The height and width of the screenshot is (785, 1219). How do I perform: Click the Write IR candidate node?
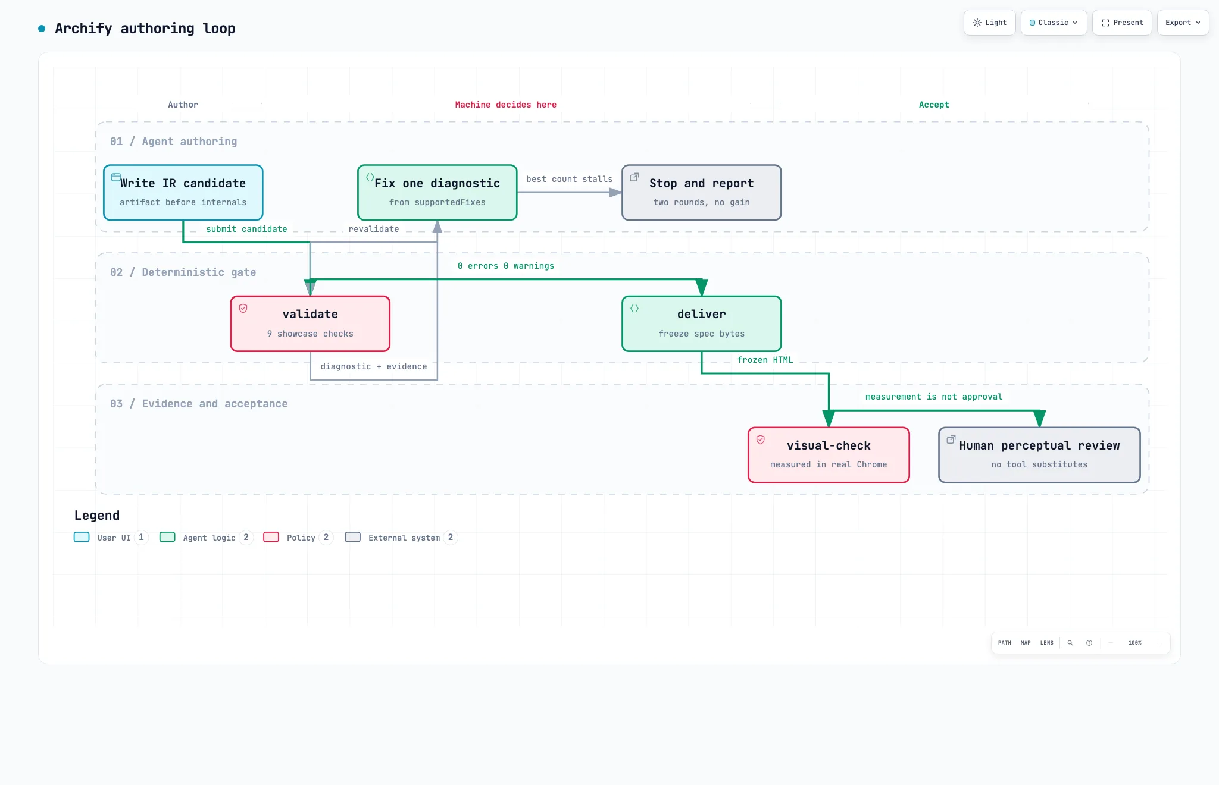(x=183, y=193)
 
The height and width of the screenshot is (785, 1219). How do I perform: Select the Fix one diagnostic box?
(x=437, y=193)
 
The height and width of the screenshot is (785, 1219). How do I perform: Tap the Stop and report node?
(x=702, y=193)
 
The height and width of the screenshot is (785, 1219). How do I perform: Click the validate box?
(x=310, y=324)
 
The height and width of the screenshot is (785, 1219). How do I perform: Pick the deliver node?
(x=702, y=324)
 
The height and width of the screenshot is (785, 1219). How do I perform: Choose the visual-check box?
(x=829, y=455)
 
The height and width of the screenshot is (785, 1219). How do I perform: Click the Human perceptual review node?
(x=1039, y=455)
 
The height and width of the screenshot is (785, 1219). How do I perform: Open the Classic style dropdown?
(x=1054, y=23)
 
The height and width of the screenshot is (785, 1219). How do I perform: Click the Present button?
(x=1122, y=23)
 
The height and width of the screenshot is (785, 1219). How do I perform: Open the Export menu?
(x=1183, y=23)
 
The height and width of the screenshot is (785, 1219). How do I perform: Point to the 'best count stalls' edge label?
(x=569, y=179)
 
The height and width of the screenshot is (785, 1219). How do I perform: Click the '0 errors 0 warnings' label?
(x=506, y=266)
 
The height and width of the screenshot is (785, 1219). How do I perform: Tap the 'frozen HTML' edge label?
(x=765, y=360)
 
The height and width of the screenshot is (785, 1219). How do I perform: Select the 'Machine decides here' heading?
(x=506, y=105)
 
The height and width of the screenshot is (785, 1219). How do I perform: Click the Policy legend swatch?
(x=271, y=537)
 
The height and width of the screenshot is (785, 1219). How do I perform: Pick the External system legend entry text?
(x=404, y=538)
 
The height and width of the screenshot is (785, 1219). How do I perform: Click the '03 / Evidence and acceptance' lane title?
(x=199, y=404)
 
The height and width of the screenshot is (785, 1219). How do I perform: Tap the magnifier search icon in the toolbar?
(x=1070, y=643)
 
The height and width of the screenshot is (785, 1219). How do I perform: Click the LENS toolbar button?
(x=1047, y=643)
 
